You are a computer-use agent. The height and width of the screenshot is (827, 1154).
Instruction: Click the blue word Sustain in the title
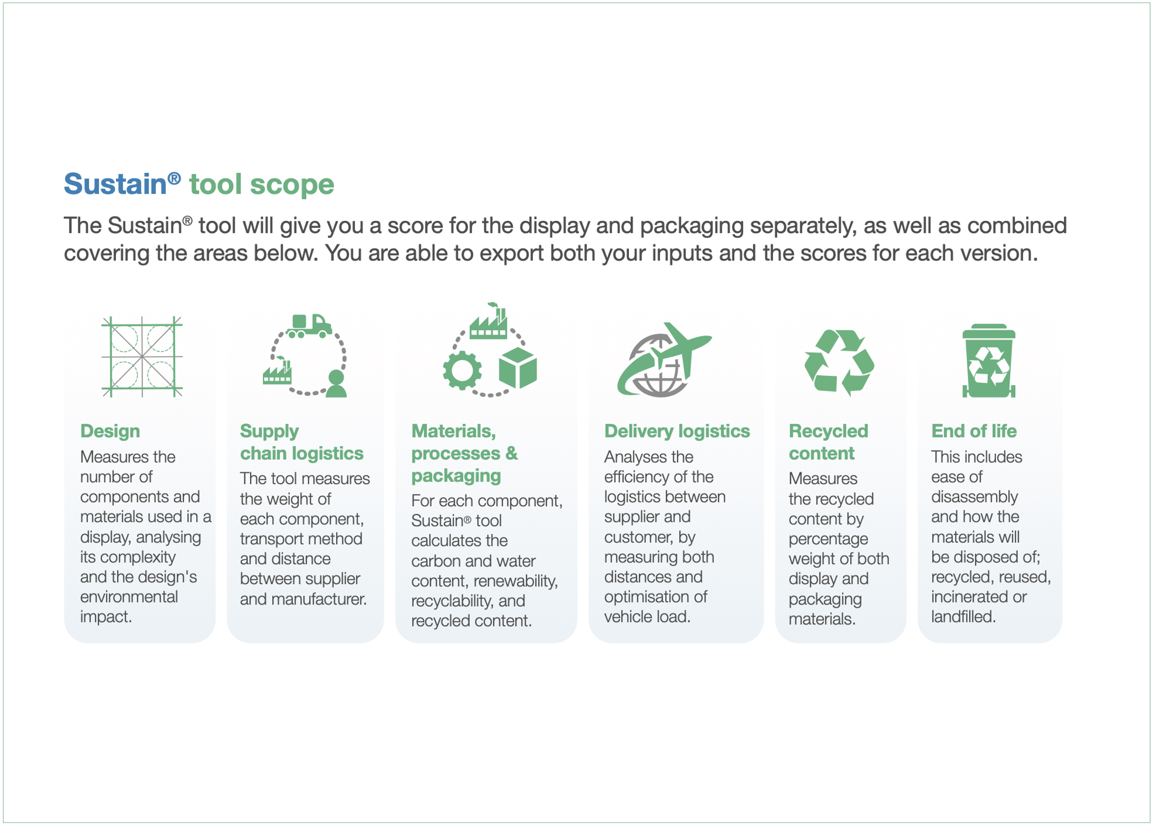tap(115, 184)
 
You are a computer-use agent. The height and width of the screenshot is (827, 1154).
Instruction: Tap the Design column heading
tap(110, 431)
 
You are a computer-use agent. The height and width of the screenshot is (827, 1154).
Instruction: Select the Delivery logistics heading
tap(677, 431)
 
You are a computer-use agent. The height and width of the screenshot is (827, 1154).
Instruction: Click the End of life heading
tap(973, 431)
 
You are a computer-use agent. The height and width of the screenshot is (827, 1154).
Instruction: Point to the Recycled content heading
tap(828, 442)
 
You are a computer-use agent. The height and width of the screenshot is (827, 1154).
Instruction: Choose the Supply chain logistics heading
tap(301, 442)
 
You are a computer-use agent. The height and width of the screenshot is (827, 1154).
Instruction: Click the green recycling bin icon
tap(989, 361)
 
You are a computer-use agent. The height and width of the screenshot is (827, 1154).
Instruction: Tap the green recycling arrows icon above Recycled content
tap(839, 363)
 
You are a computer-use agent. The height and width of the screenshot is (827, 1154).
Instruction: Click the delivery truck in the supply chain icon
tap(309, 325)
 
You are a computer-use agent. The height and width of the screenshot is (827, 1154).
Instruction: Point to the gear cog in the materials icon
tap(462, 370)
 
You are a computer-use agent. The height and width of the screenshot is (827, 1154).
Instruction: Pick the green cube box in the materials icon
tap(518, 368)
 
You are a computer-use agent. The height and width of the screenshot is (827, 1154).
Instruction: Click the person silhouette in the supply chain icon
tap(336, 384)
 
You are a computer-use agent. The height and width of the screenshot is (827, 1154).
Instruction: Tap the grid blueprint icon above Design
tap(142, 357)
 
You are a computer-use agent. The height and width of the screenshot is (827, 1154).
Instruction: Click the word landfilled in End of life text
tap(963, 617)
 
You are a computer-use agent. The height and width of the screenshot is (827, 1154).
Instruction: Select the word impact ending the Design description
tap(106, 617)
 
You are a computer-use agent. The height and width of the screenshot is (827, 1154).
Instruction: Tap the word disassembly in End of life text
tap(974, 497)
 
